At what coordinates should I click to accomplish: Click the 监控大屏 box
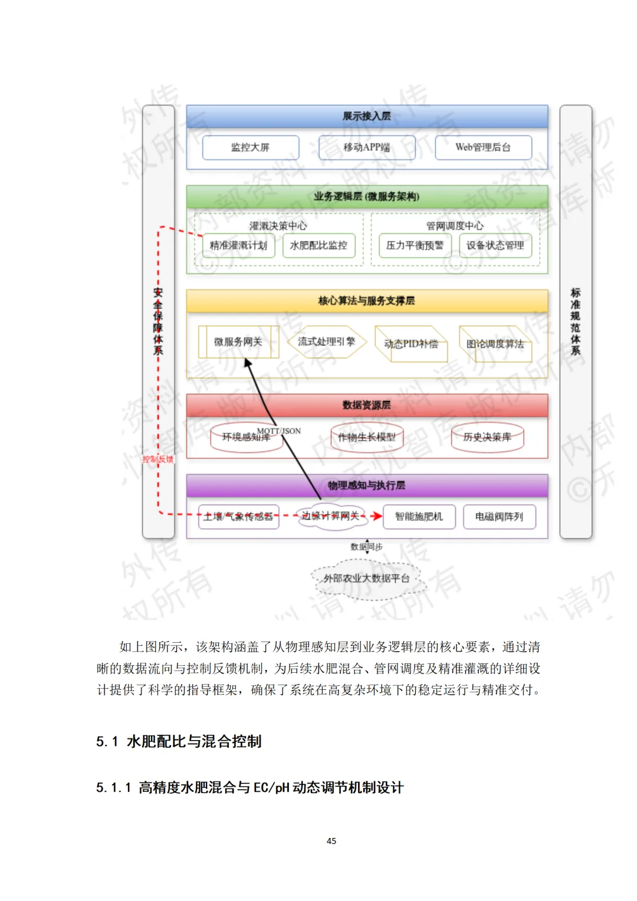click(x=251, y=147)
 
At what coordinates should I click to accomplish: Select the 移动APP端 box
click(x=367, y=147)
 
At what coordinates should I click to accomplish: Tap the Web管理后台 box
click(x=483, y=147)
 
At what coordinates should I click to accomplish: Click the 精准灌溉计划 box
click(x=238, y=245)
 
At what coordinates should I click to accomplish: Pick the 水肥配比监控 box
click(x=318, y=245)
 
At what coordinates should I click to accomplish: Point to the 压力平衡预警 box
click(x=415, y=245)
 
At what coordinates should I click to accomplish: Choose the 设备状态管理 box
click(x=495, y=245)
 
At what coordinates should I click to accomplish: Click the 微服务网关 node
click(x=238, y=342)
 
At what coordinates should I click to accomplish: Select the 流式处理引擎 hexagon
click(x=327, y=341)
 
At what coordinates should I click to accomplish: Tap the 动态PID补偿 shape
click(x=411, y=344)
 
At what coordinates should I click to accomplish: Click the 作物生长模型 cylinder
click(x=367, y=437)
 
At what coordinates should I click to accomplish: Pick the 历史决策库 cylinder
click(x=487, y=437)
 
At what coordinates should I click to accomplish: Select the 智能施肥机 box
click(x=419, y=517)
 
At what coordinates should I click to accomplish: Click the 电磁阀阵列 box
click(x=499, y=517)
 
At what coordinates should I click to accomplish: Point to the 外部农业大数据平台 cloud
click(x=367, y=578)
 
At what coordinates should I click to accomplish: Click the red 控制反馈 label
click(x=158, y=459)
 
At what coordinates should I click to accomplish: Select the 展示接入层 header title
click(x=367, y=116)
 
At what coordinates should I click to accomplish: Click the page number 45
click(x=331, y=841)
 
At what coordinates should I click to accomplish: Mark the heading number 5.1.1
click(x=113, y=788)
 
